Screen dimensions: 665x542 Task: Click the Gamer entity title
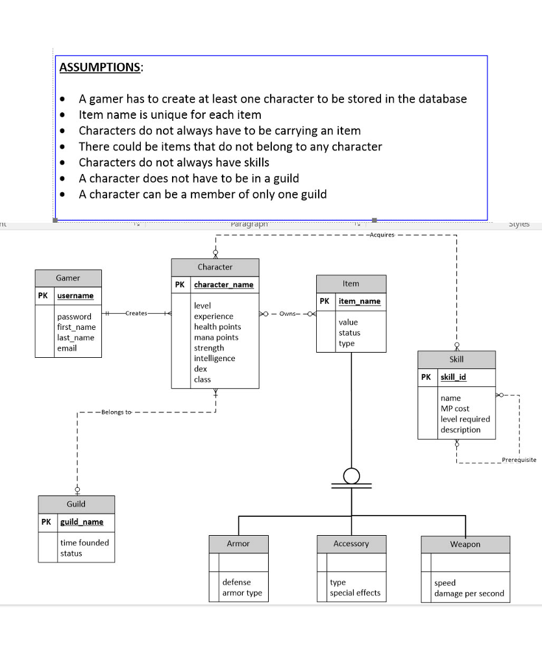click(68, 278)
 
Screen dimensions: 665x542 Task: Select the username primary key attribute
click(75, 295)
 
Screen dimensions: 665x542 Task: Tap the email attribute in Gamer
click(67, 348)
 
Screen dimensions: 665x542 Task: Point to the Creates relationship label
click(136, 314)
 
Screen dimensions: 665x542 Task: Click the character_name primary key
click(223, 284)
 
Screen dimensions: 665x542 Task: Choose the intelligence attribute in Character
click(214, 358)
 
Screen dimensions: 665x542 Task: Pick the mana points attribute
click(216, 338)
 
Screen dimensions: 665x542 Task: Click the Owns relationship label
click(289, 314)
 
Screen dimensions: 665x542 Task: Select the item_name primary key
click(360, 301)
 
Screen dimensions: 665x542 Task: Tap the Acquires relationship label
click(381, 235)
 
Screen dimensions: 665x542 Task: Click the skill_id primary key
click(453, 377)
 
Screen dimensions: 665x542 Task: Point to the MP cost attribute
click(455, 408)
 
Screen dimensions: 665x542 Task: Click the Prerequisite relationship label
click(519, 460)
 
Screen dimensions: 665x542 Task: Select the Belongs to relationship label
click(116, 412)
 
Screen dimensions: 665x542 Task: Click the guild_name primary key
click(81, 522)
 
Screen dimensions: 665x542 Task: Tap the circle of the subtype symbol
click(351, 475)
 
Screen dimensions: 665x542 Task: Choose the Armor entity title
click(238, 544)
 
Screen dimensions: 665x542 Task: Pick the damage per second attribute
click(469, 594)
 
